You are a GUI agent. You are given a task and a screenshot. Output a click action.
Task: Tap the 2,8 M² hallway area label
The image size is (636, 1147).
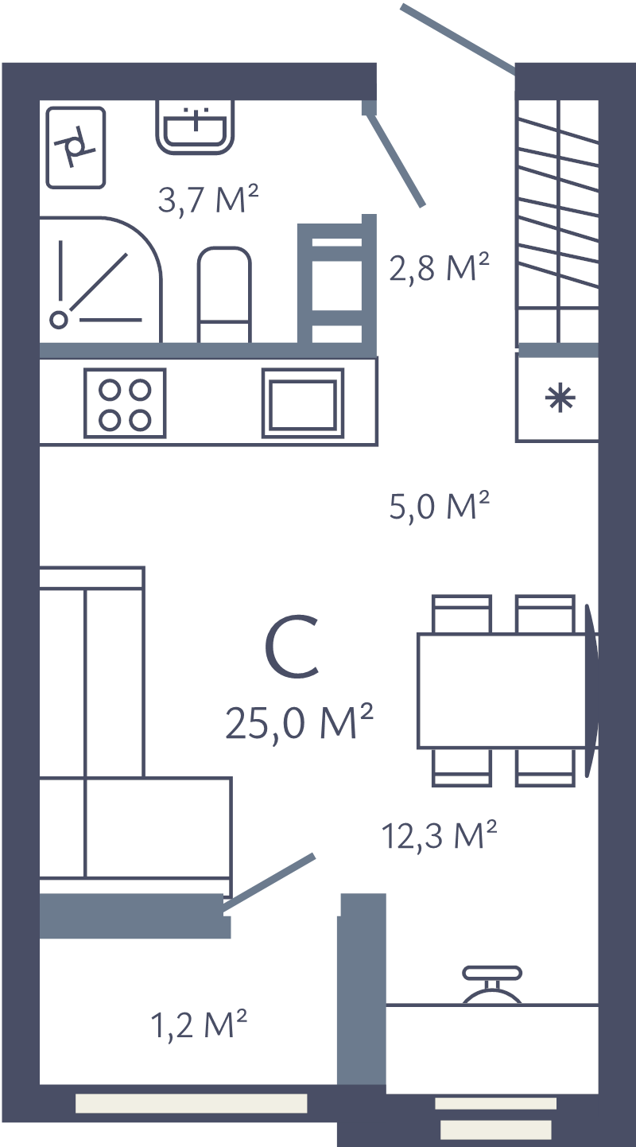438,268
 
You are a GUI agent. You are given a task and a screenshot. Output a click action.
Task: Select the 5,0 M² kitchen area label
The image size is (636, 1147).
438,506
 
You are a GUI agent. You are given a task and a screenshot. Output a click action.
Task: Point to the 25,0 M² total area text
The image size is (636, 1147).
299,722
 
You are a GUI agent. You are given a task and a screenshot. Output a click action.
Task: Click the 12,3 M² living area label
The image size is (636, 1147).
439,835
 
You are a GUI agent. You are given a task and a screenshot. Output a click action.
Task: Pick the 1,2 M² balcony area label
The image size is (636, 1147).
200,1025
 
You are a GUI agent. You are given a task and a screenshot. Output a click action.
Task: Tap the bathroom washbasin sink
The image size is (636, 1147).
196,126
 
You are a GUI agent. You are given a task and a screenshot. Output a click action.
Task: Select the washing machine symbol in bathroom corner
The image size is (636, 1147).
76,147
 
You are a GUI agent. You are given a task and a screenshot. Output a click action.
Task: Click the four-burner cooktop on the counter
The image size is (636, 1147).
125,403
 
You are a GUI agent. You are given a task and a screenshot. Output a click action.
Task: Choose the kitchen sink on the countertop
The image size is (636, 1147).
303,403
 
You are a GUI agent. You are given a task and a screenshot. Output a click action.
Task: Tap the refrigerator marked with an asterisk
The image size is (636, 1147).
556,398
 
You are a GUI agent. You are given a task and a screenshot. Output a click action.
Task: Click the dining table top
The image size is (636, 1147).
502,690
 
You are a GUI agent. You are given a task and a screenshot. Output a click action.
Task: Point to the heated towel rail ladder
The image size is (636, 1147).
335,282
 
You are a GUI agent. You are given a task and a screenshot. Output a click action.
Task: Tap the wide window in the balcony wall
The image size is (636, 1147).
191,1102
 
